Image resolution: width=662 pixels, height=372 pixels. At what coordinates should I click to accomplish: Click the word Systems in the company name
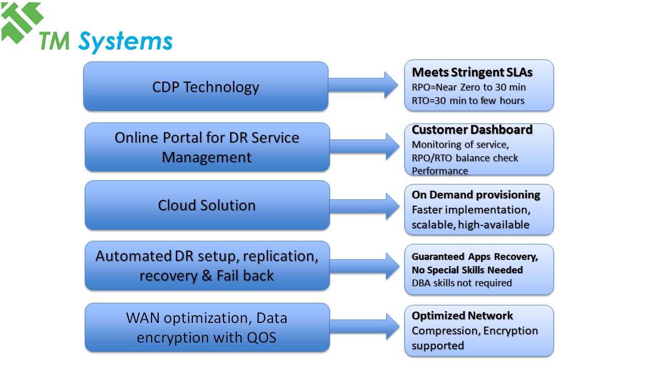pyautogui.click(x=125, y=41)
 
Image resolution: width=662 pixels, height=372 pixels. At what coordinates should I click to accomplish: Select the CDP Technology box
pyautogui.click(x=205, y=87)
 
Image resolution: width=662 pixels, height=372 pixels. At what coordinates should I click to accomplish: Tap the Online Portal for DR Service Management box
pyautogui.click(x=207, y=147)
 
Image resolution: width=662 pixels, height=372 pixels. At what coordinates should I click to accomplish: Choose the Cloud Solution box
pyautogui.click(x=207, y=205)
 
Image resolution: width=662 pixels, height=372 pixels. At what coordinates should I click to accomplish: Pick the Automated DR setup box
pyautogui.click(x=207, y=266)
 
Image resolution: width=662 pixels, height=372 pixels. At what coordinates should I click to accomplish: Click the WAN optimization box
pyautogui.click(x=207, y=328)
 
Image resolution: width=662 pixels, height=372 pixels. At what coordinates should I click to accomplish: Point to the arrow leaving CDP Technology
pyautogui.click(x=365, y=85)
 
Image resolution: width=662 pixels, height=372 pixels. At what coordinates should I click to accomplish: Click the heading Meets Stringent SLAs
pyautogui.click(x=472, y=72)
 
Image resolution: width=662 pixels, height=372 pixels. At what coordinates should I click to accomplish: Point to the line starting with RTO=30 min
pyautogui.click(x=468, y=100)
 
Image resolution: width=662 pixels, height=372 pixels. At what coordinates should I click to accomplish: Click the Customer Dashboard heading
pyautogui.click(x=472, y=130)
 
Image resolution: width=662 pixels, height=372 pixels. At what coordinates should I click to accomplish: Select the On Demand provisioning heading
pyautogui.click(x=476, y=195)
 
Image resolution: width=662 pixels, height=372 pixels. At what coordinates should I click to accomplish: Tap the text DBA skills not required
pyautogui.click(x=461, y=283)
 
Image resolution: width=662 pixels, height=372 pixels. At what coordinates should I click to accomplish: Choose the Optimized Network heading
pyautogui.click(x=462, y=316)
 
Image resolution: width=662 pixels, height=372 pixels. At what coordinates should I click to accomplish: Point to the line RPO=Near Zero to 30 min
pyautogui.click(x=469, y=87)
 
